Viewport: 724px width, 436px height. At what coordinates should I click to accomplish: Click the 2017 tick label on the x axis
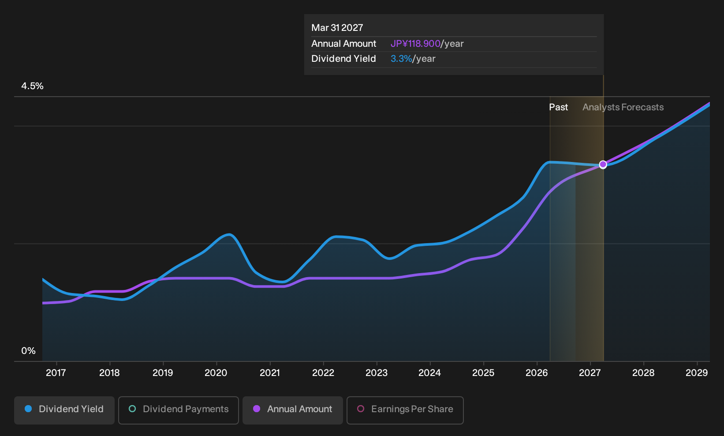[x=56, y=372]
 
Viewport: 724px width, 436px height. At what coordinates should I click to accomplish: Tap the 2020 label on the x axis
[x=216, y=372]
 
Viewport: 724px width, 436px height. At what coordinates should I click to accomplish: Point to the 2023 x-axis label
[x=376, y=372]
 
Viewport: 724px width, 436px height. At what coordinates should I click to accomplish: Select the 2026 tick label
[x=537, y=372]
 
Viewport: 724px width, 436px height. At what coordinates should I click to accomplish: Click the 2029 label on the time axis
[x=697, y=372]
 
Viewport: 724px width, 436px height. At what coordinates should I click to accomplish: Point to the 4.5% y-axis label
[x=32, y=86]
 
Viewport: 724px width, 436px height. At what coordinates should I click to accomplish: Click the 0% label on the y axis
[x=29, y=351]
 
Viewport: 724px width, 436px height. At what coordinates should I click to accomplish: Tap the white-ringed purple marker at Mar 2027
[x=603, y=165]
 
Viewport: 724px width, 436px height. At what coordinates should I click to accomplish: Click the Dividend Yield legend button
[x=64, y=410]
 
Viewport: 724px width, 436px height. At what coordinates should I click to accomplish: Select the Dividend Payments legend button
[x=179, y=410]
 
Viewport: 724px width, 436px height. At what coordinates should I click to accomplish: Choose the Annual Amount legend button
[x=292, y=410]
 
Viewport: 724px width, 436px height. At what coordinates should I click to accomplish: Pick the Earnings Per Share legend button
[x=405, y=410]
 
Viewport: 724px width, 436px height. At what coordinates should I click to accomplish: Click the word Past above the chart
[x=558, y=107]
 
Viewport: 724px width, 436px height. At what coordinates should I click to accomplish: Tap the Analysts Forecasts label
[x=623, y=107]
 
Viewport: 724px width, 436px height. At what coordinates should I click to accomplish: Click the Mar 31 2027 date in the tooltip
[x=337, y=28]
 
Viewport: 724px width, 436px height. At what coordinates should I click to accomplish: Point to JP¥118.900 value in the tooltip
[x=415, y=44]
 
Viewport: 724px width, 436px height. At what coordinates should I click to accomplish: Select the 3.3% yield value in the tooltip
[x=401, y=59]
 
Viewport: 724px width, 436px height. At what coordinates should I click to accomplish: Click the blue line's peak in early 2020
[x=229, y=234]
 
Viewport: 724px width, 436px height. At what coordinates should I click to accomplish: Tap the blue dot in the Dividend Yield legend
[x=29, y=409]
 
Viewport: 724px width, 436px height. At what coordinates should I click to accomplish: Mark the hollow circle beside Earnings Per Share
[x=361, y=409]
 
